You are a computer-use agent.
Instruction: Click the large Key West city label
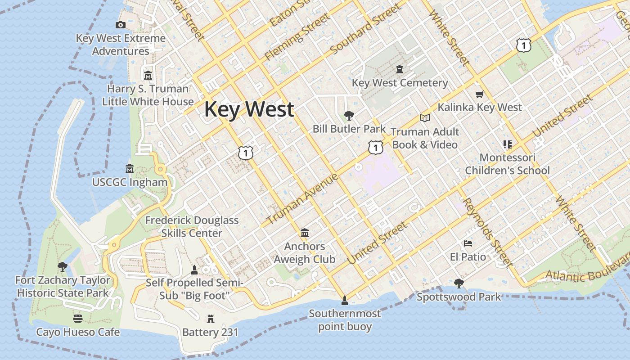click(x=249, y=109)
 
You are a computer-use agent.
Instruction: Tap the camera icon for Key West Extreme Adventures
click(x=120, y=25)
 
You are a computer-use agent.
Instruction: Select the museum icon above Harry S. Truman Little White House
click(x=148, y=75)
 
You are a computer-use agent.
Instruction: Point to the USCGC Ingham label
click(x=130, y=182)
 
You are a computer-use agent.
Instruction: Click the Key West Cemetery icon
click(x=399, y=69)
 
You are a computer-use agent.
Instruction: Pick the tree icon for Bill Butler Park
click(x=349, y=116)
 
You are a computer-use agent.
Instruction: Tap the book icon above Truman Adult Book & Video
click(x=424, y=118)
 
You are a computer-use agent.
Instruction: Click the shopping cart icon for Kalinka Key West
click(x=479, y=94)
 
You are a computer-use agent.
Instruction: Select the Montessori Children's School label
click(x=507, y=164)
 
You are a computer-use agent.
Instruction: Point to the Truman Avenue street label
click(x=302, y=199)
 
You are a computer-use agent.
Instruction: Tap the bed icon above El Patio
click(x=468, y=243)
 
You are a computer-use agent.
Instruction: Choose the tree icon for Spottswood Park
click(x=459, y=283)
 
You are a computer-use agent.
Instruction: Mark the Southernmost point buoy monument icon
click(x=345, y=300)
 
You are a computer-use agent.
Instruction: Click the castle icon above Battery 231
click(x=210, y=319)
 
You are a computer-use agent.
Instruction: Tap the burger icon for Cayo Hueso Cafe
click(x=78, y=319)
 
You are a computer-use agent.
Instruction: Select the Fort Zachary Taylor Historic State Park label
click(x=63, y=287)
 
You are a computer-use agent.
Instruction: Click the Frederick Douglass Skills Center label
click(x=192, y=226)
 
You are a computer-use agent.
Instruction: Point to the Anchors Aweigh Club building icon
click(x=305, y=233)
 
